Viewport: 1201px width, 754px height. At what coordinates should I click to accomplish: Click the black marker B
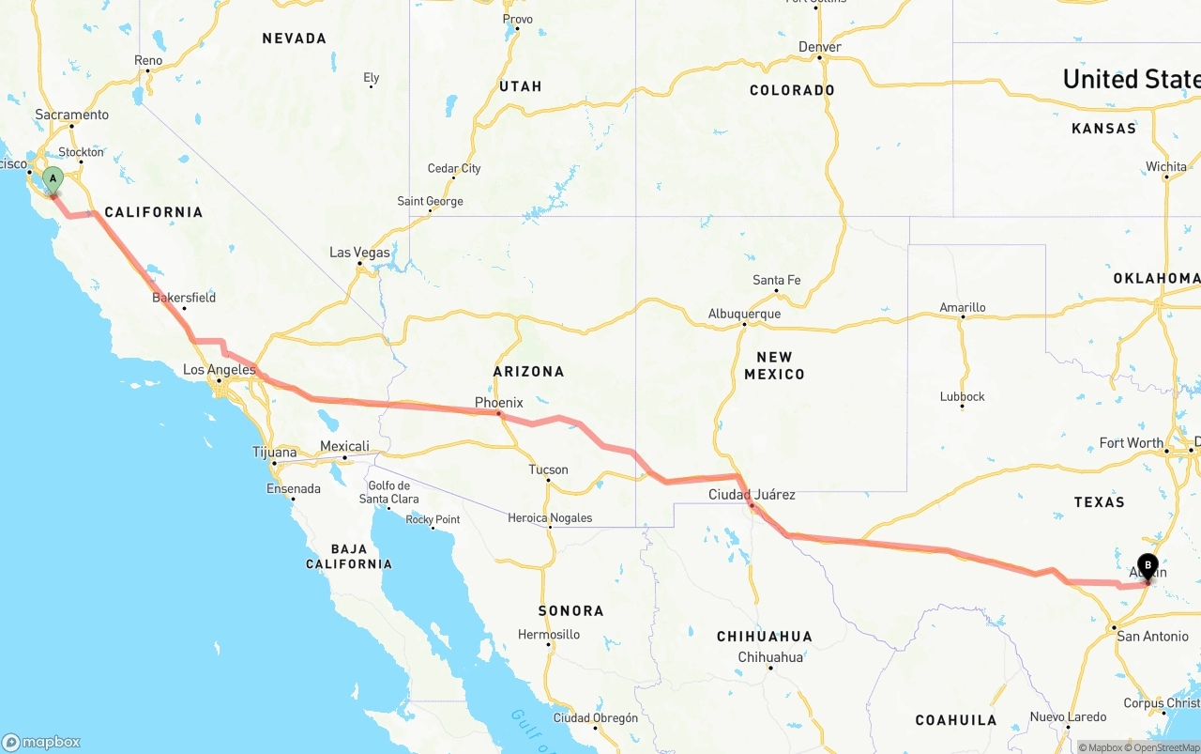click(x=1148, y=566)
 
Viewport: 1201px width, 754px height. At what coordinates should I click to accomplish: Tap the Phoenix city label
click(x=498, y=403)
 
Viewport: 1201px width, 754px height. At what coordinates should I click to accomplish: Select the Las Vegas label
click(x=359, y=253)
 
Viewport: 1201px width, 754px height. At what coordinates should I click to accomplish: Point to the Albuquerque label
click(x=744, y=314)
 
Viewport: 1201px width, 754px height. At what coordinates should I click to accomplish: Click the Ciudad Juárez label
click(x=752, y=495)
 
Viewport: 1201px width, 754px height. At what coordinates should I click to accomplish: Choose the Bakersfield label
click(x=184, y=298)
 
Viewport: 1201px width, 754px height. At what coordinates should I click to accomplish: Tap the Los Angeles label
click(x=219, y=370)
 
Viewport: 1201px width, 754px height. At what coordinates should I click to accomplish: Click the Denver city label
click(x=819, y=47)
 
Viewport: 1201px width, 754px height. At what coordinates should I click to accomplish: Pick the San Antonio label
click(x=1152, y=637)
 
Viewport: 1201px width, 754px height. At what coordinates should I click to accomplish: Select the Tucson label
click(x=548, y=469)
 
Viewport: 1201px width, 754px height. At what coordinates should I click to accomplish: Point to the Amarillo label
click(x=963, y=307)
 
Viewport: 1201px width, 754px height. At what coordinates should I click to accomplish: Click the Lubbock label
click(x=963, y=396)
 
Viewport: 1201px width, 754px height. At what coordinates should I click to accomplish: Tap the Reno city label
click(x=148, y=60)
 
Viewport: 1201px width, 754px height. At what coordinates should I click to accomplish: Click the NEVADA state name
click(x=295, y=38)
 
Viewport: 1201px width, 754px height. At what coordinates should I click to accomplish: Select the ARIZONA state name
click(x=529, y=372)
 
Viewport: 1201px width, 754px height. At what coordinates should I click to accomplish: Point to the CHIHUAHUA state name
click(x=765, y=637)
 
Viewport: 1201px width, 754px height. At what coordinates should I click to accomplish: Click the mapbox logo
click(x=41, y=742)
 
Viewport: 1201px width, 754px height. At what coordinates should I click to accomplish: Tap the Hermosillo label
click(x=549, y=635)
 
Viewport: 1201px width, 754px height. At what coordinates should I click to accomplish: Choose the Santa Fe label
click(x=777, y=280)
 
